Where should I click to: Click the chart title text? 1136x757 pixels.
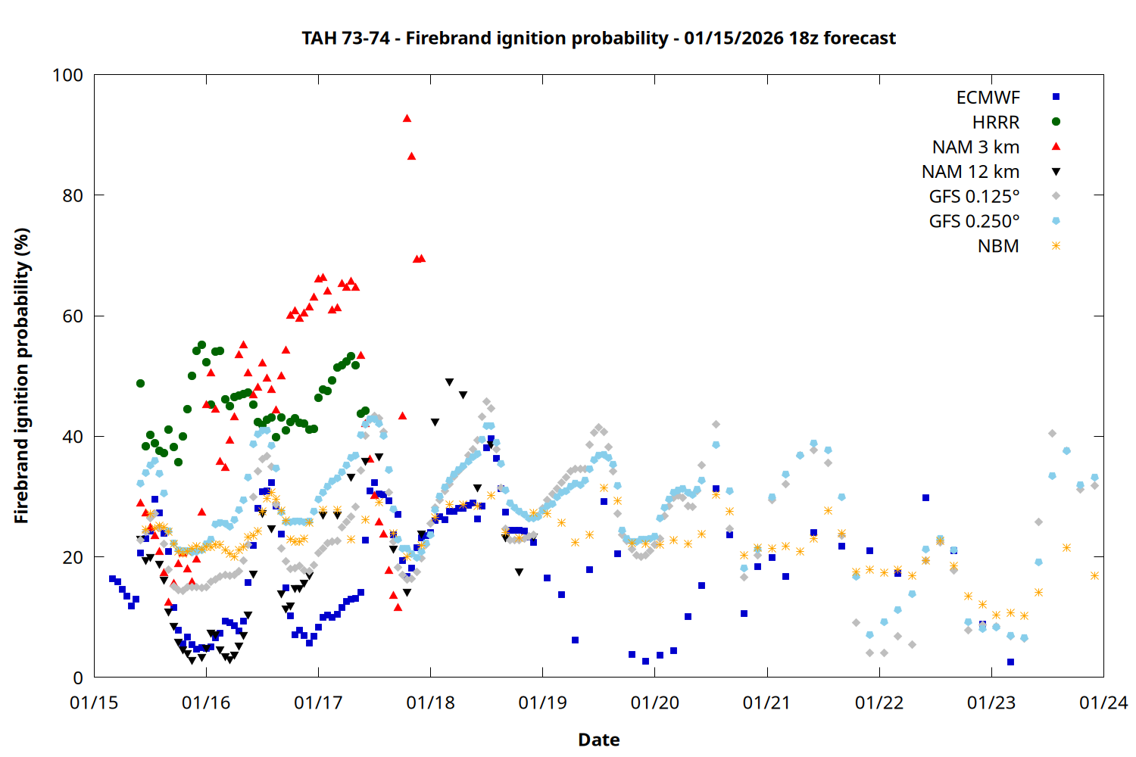point(598,38)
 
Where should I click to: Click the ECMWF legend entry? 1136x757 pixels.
point(988,98)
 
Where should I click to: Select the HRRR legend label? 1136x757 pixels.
point(996,123)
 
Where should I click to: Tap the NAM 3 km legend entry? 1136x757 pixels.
point(975,147)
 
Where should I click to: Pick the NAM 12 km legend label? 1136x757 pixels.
point(970,172)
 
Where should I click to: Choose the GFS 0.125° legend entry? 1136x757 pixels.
point(974,197)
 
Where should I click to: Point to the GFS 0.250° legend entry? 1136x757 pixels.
point(974,222)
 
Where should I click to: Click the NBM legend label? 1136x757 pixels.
point(998,246)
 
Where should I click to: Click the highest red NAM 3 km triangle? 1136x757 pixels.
point(407,118)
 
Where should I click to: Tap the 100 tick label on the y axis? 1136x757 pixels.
point(67,75)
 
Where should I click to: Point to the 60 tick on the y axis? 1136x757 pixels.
point(73,316)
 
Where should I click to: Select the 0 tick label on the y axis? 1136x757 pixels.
point(77,678)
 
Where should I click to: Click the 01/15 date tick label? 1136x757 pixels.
point(94,702)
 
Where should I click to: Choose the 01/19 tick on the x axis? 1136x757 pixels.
point(542,702)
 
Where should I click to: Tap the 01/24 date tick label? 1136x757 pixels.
point(1103,702)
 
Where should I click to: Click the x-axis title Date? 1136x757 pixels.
point(598,740)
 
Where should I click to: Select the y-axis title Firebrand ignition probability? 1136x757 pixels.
point(22,375)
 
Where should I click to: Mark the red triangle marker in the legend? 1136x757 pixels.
point(1056,147)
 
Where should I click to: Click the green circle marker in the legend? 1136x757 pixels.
point(1056,122)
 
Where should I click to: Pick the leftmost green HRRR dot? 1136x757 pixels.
point(140,383)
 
